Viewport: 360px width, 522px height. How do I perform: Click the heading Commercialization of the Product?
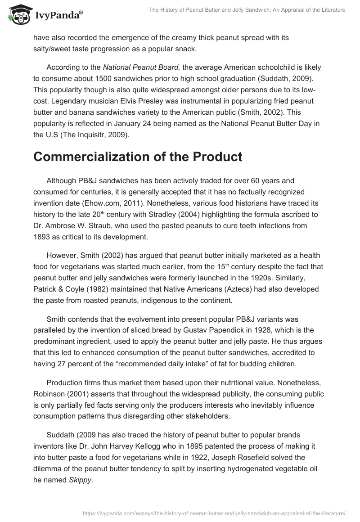click(x=138, y=157)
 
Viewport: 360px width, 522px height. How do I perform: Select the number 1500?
click(x=96, y=77)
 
